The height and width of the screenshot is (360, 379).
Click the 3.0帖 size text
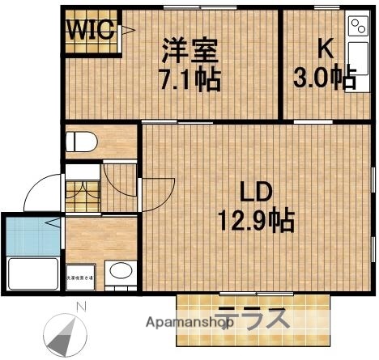(x=324, y=79)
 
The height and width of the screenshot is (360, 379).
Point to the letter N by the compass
(x=80, y=306)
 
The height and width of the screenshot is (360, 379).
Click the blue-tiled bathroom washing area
(x=32, y=235)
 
